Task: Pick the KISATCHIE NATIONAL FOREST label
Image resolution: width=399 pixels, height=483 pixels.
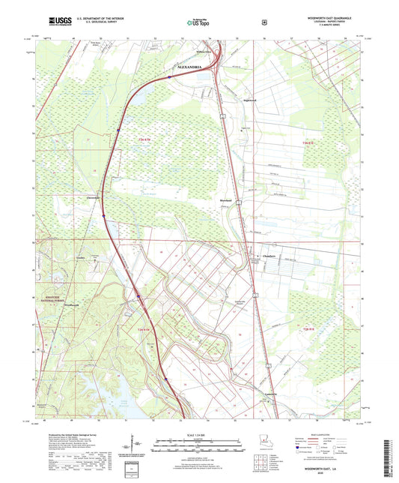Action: (51, 298)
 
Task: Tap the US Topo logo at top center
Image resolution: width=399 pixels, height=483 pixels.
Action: (199, 22)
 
